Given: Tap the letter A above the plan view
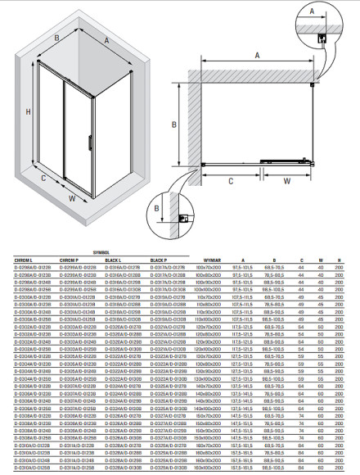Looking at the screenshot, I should coord(255,56).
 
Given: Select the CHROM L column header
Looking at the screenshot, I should coord(25,260).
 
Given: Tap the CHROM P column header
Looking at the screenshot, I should coord(71,260).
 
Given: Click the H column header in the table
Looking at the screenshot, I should coord(340,260).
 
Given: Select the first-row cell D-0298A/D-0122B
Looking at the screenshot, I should coord(33,267).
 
